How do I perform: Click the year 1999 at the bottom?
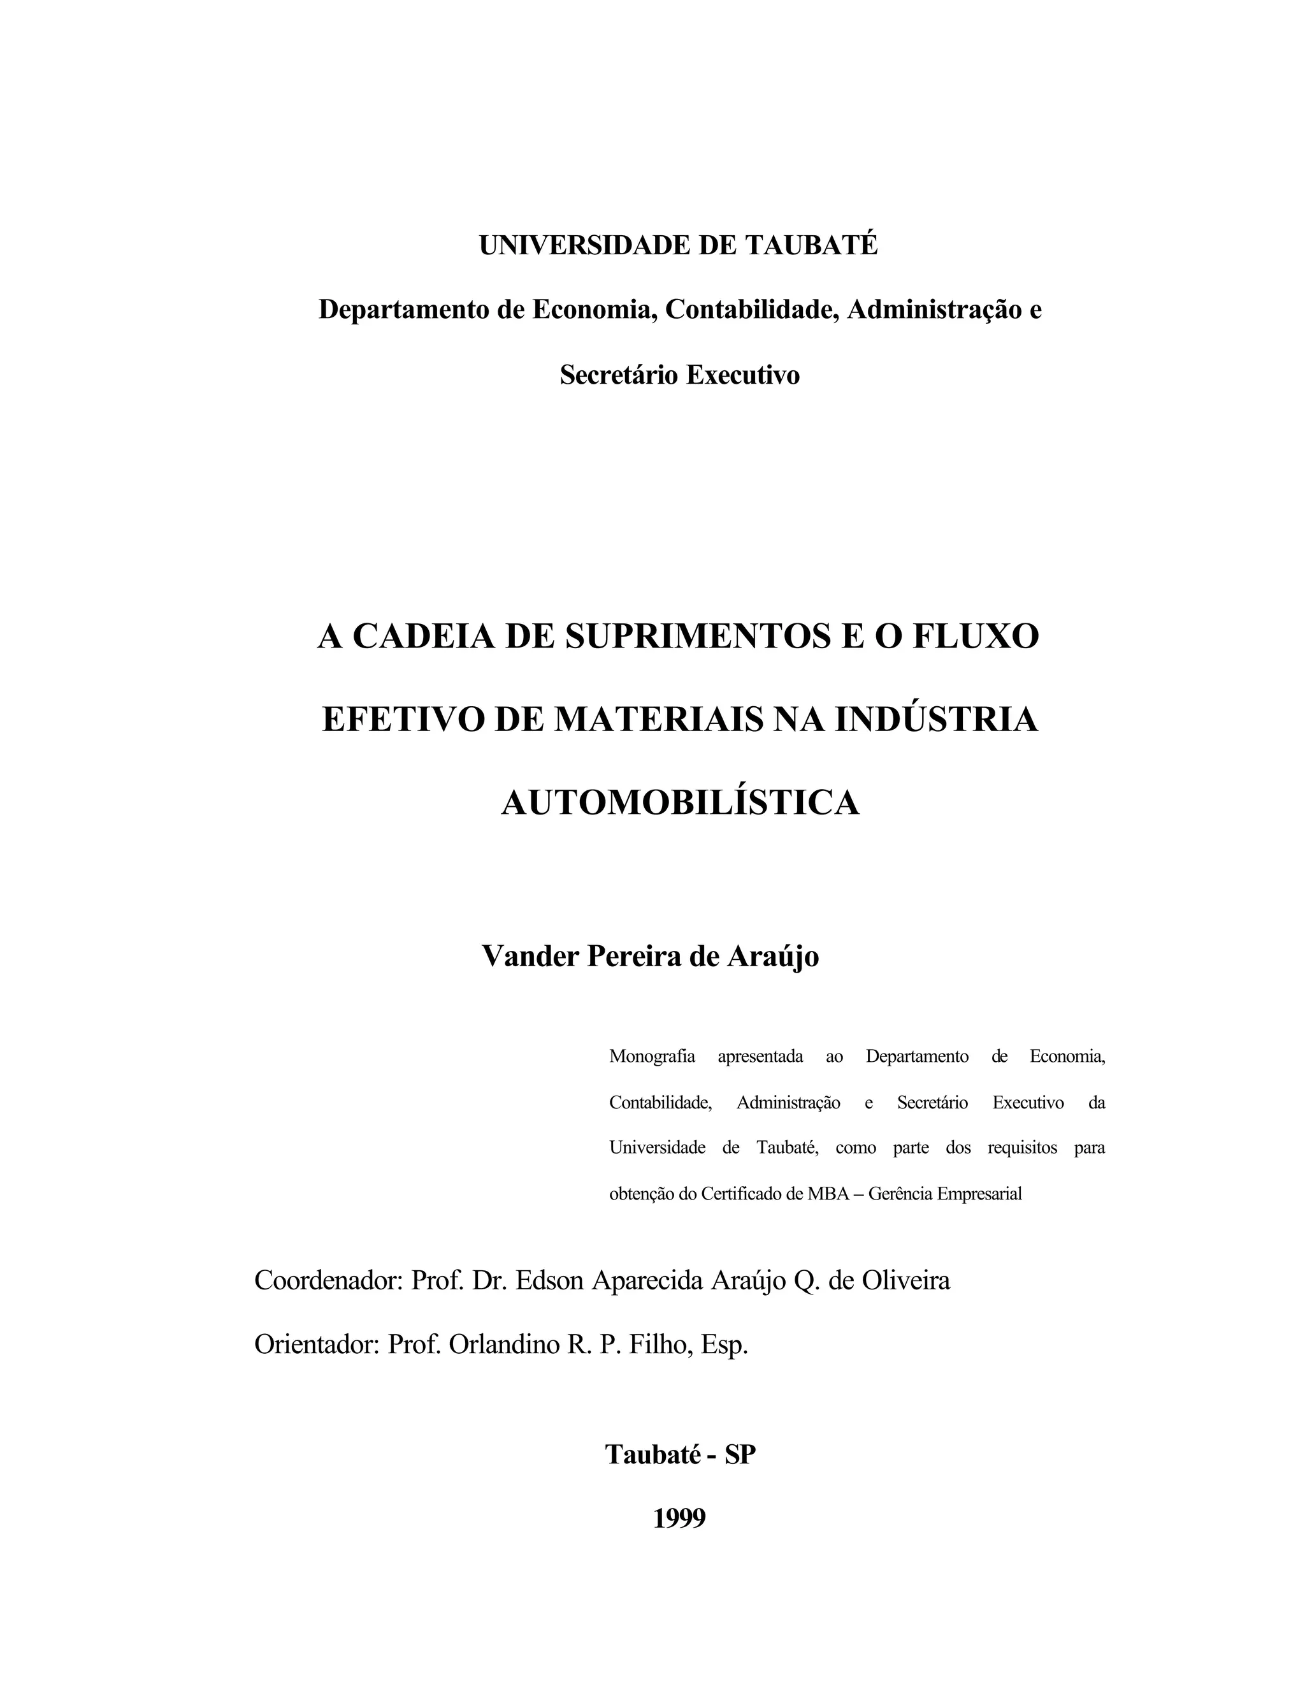click(x=679, y=1518)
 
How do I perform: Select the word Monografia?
click(x=652, y=1056)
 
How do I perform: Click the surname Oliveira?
click(x=905, y=1280)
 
